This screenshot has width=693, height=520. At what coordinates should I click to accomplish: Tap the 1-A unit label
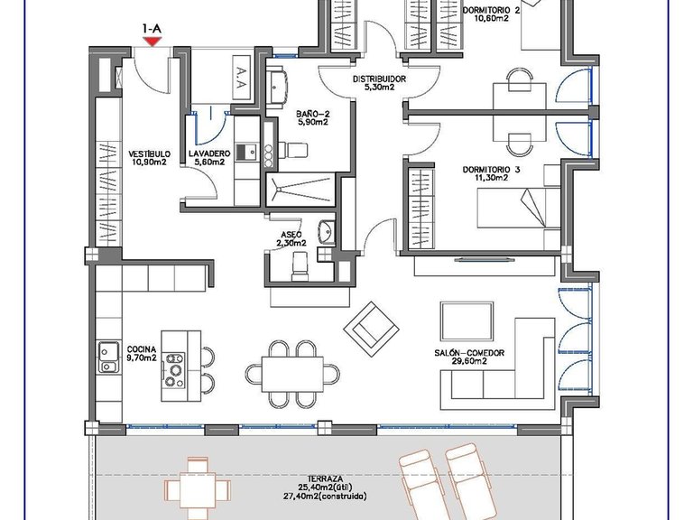click(x=152, y=30)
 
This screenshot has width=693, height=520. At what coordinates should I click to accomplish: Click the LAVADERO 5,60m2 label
click(x=207, y=157)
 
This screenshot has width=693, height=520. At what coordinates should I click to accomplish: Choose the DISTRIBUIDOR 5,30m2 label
click(x=378, y=83)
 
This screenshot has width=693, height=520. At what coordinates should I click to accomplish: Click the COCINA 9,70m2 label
click(x=142, y=353)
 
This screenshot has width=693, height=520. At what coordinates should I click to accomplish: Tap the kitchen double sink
click(x=108, y=356)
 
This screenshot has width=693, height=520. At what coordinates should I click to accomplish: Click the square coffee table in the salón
click(x=467, y=317)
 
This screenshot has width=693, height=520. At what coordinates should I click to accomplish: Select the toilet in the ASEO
click(x=299, y=263)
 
